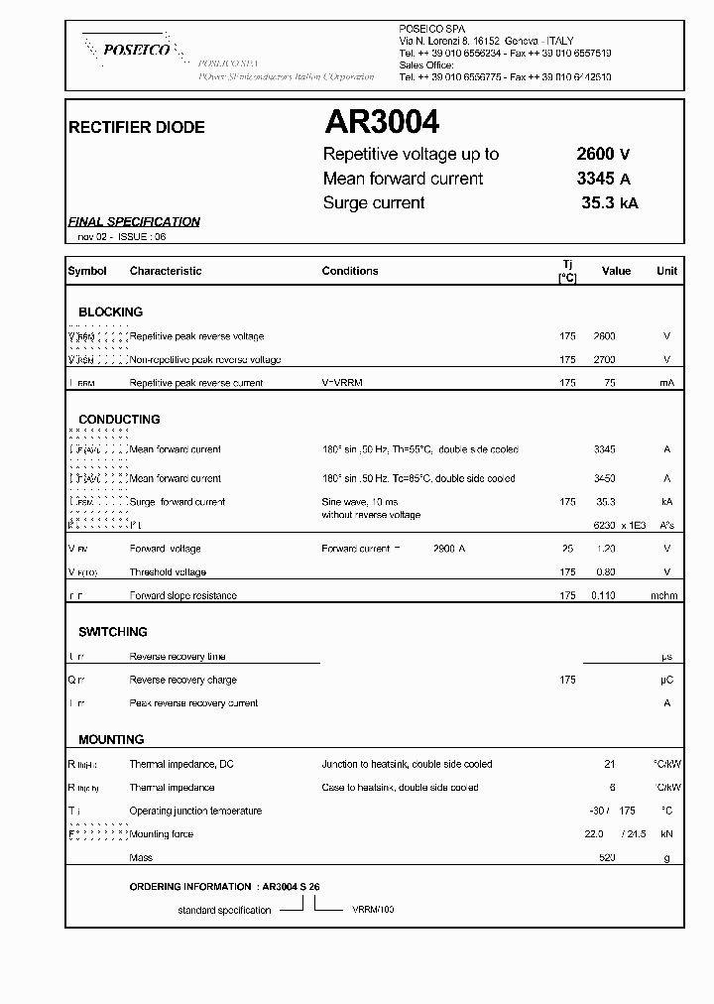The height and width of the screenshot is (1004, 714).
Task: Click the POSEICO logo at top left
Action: (129, 49)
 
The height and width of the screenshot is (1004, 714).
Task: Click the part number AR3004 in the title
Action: (382, 122)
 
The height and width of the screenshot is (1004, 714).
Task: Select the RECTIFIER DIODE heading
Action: (136, 127)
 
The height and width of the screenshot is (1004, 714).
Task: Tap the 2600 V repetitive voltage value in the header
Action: (603, 154)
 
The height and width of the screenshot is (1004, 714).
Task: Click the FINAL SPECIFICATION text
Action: (134, 221)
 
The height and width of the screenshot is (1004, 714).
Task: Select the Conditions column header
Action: (350, 271)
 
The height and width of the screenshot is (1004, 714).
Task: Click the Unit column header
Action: (666, 271)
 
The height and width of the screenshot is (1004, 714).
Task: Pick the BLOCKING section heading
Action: (110, 312)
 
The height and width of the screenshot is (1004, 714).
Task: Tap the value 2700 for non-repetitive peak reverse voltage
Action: (604, 359)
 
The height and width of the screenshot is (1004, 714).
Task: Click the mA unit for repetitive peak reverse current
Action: (666, 383)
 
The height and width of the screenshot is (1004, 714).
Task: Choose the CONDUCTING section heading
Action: (119, 420)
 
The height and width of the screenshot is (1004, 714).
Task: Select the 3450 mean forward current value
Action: (604, 478)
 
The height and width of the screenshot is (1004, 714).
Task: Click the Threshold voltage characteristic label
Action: (168, 572)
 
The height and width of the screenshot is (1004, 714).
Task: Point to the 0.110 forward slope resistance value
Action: (604, 595)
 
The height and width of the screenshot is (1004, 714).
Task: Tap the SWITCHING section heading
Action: (113, 632)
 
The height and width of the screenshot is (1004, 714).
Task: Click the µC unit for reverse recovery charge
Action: (666, 680)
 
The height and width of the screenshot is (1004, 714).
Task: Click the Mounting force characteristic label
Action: (162, 834)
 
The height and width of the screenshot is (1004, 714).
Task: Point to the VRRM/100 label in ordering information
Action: (372, 910)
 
